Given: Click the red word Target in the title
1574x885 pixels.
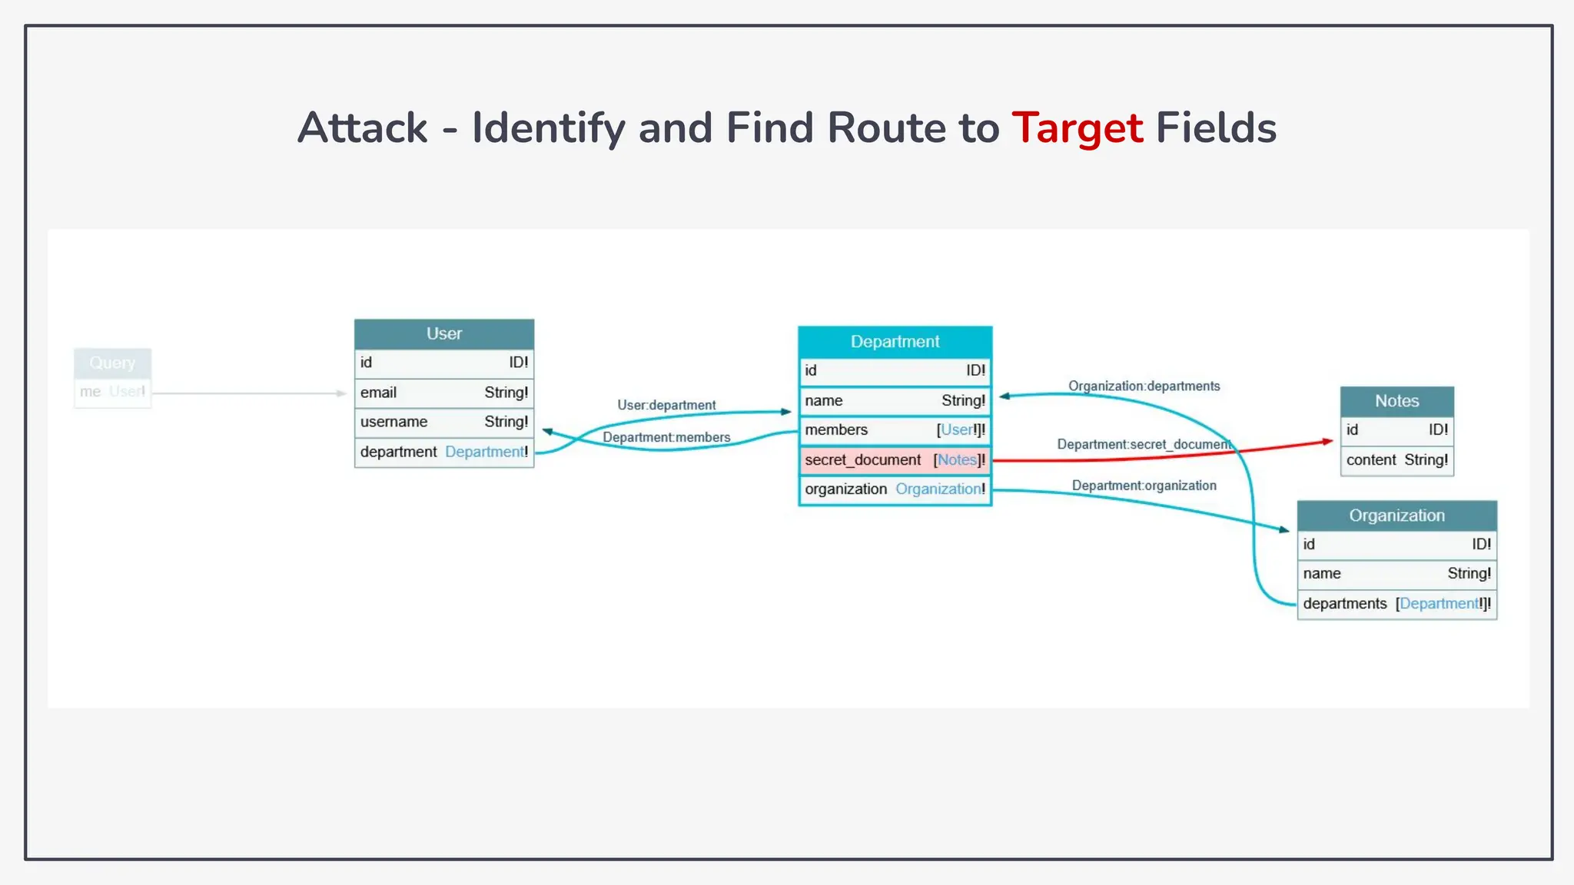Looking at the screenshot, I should click(x=1077, y=128).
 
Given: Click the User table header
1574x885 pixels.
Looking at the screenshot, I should click(x=443, y=334).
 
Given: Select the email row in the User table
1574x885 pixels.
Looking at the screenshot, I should click(x=443, y=393).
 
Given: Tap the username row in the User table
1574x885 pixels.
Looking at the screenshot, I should click(x=443, y=422).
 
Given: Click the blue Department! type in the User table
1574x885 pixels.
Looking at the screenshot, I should click(x=486, y=452).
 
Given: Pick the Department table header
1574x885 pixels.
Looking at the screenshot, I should click(x=895, y=342).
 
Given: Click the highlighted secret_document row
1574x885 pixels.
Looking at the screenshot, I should click(x=895, y=460).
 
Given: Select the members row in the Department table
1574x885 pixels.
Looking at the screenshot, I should click(x=895, y=430).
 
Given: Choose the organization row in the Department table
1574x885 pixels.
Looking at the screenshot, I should click(x=895, y=489).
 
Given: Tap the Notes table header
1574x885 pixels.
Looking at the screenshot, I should click(x=1396, y=401).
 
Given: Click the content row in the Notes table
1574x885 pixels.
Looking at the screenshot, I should click(x=1396, y=460).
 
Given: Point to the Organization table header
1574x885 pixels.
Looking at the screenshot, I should click(x=1396, y=515).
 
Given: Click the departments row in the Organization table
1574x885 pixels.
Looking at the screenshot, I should click(x=1396, y=604).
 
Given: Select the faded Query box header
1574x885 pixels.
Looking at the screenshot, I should click(x=112, y=363).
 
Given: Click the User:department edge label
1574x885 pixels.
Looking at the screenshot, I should click(x=666, y=405).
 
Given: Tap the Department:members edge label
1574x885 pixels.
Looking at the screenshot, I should click(x=666, y=438).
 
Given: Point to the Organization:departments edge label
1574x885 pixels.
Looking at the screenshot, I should click(x=1144, y=386).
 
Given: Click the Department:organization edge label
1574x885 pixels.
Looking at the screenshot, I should click(x=1144, y=486).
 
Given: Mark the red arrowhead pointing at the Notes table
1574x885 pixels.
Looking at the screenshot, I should click(x=1327, y=442).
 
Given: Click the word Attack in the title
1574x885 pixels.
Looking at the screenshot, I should click(x=362, y=128).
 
